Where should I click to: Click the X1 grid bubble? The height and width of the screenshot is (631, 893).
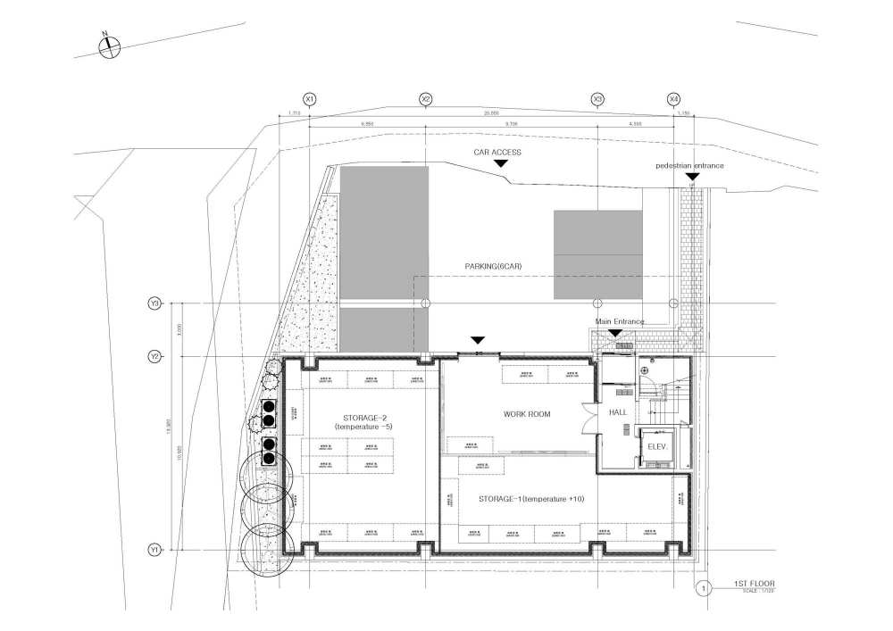(x=310, y=98)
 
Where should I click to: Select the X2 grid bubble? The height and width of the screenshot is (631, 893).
(x=426, y=98)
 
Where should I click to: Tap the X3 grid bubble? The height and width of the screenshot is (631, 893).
(x=597, y=98)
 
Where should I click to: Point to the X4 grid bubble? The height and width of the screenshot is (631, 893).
(x=674, y=98)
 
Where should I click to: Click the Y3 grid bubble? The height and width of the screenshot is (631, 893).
(x=154, y=304)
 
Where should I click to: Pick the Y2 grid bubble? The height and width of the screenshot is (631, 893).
(x=154, y=357)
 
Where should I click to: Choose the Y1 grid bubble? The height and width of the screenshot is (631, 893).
(x=154, y=550)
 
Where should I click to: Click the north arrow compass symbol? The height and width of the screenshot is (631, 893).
(x=108, y=46)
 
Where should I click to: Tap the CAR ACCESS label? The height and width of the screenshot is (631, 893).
(x=497, y=153)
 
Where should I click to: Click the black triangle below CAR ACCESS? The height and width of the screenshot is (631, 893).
(x=501, y=164)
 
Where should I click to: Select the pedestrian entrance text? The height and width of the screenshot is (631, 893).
(x=689, y=166)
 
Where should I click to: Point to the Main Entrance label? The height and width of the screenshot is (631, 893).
(x=621, y=321)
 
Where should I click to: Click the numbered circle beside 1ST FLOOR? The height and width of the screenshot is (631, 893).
(x=705, y=588)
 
